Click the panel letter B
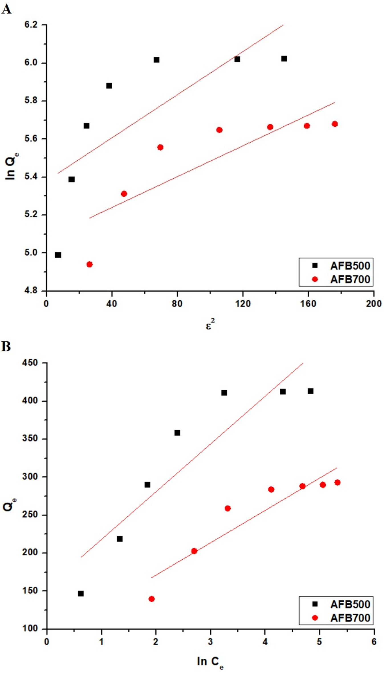6,346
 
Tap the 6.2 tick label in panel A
31,25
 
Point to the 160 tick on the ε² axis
308,304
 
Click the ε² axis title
210,325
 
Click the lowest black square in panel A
58,255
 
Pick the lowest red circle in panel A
90,264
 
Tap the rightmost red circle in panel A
335,124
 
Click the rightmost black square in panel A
284,59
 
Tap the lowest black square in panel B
81,594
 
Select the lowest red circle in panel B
152,599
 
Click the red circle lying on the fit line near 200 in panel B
194,551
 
